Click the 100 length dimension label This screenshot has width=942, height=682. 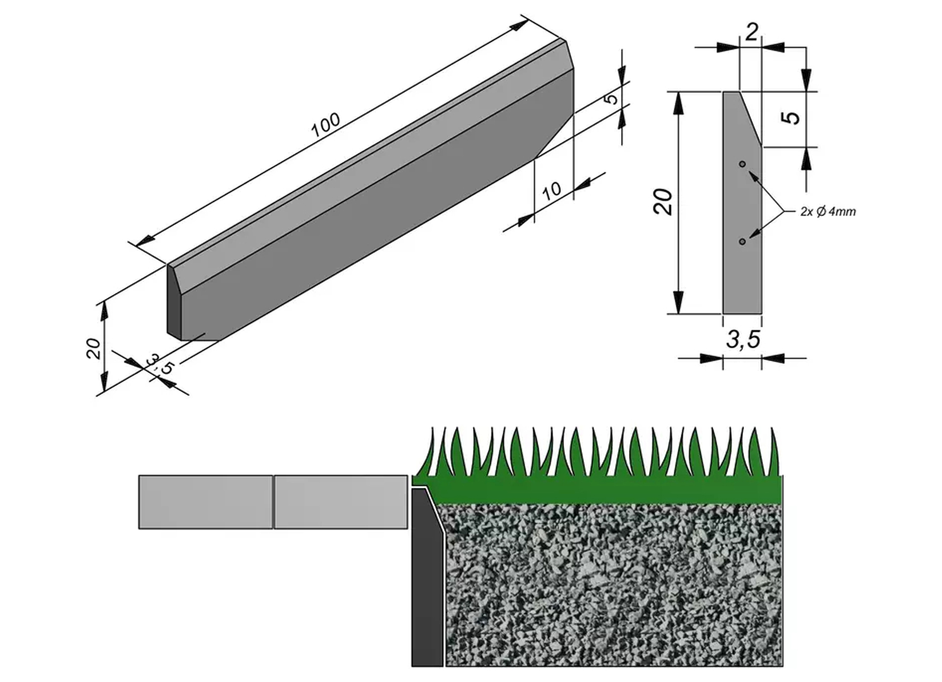coord(326,125)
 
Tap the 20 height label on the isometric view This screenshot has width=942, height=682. coord(93,348)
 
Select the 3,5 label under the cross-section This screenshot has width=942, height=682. coord(743,339)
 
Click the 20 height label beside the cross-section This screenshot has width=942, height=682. coord(664,201)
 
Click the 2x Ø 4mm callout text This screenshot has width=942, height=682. coord(828,211)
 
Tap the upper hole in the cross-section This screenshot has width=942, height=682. coord(742,164)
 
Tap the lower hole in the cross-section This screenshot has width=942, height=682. coord(742,241)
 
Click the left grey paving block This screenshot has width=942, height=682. coord(205,502)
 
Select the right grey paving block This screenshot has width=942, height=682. coord(341,502)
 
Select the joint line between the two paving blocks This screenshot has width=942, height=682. coord(274,502)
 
